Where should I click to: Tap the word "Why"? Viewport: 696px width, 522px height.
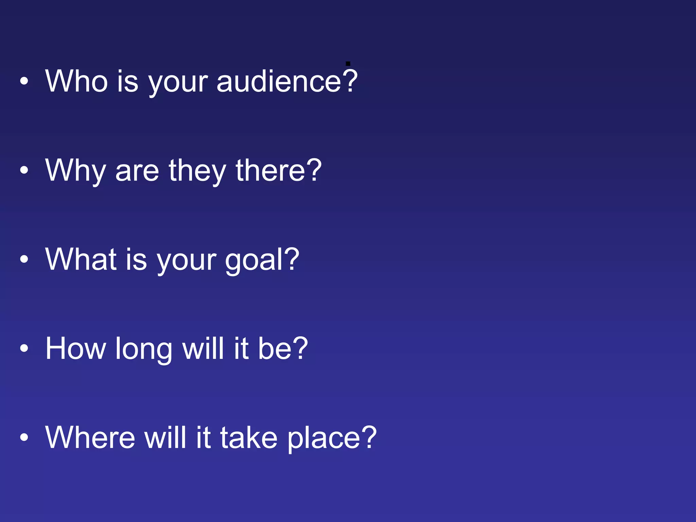tap(75, 171)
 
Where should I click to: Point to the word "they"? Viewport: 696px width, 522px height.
tap(197, 171)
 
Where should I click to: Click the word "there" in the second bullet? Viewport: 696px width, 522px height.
tap(270, 171)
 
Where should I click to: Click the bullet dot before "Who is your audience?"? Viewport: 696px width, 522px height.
tap(24, 81)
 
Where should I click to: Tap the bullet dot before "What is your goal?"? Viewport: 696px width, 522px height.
tap(24, 260)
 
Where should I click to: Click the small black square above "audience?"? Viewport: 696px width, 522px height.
tap(348, 64)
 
